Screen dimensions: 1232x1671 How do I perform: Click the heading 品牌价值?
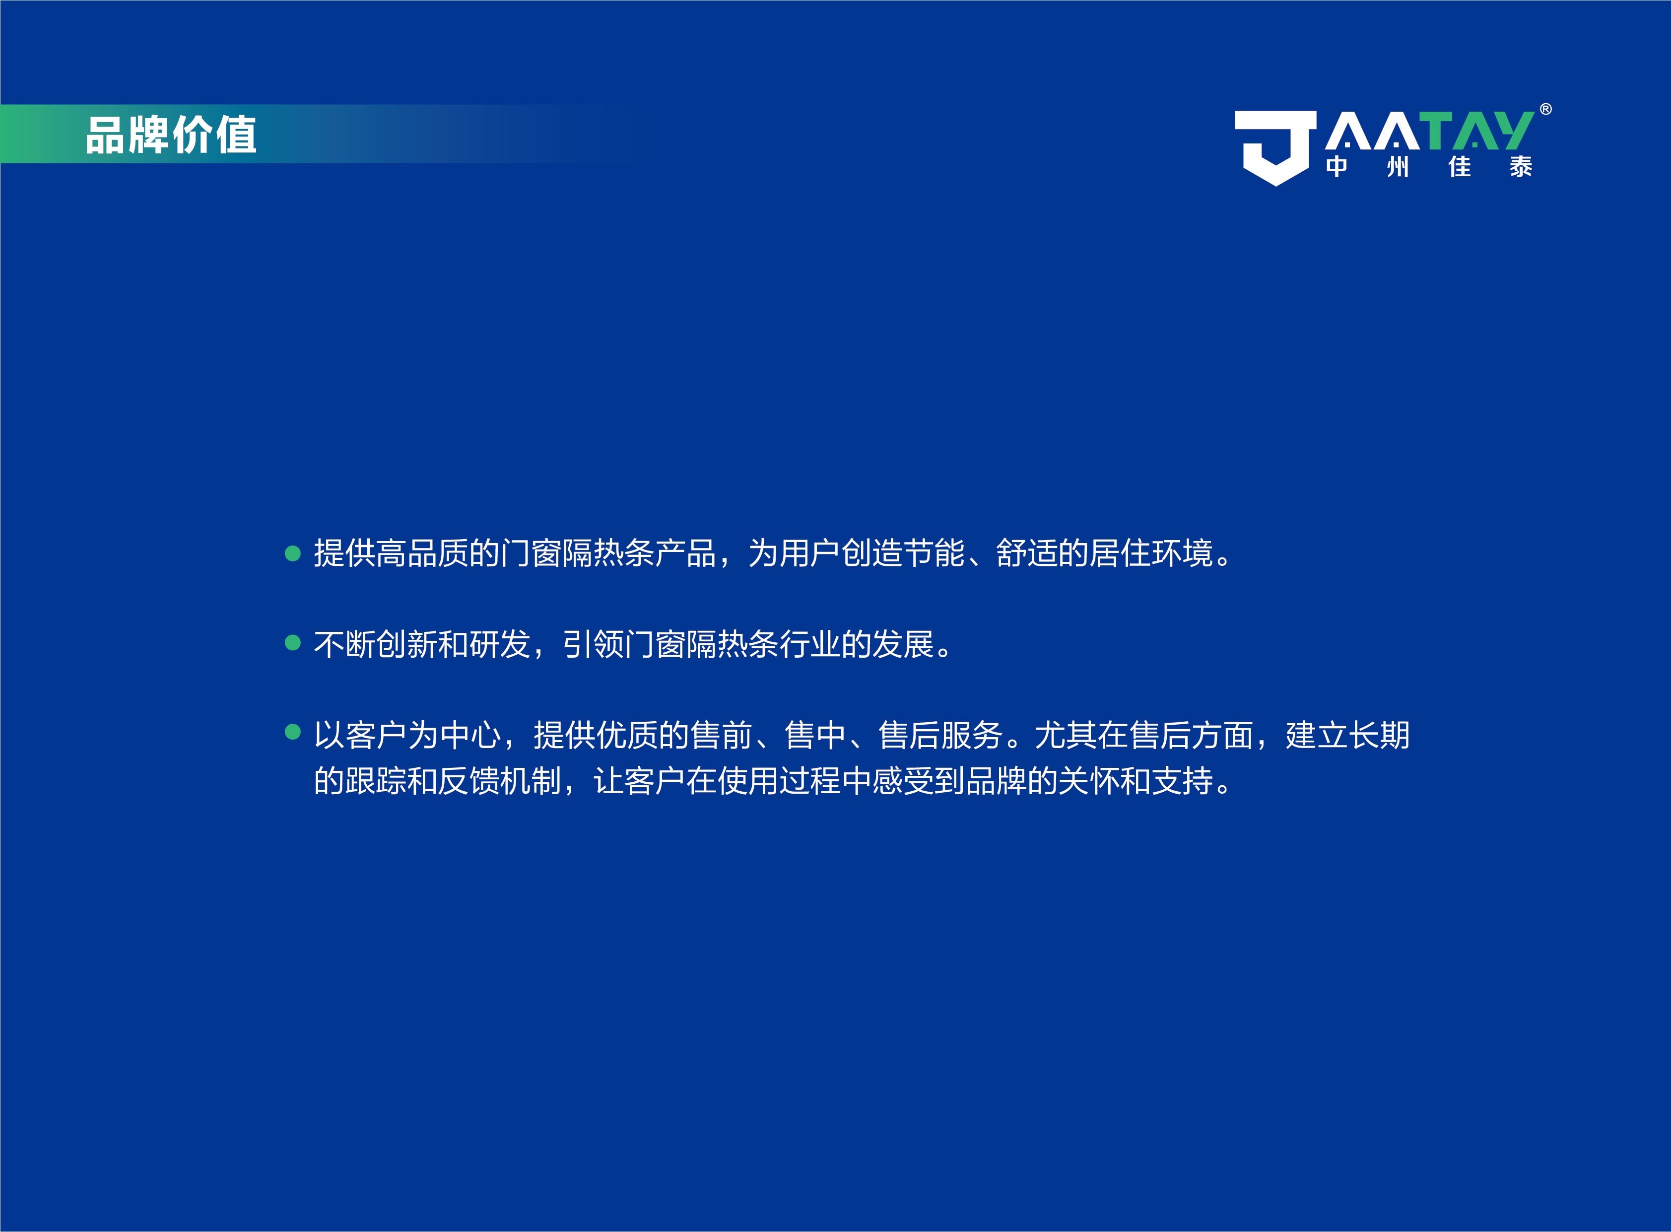(171, 135)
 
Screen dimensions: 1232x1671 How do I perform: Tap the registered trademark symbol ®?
(1546, 110)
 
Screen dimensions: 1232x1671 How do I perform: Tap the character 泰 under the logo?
(1521, 166)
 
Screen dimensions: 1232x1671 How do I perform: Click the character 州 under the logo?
(1398, 166)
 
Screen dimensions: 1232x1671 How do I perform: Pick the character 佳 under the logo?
(1459, 166)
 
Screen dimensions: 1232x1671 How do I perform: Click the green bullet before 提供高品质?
(293, 553)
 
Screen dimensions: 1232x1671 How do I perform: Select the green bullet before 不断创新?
(293, 643)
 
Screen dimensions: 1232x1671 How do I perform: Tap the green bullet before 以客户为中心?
(293, 732)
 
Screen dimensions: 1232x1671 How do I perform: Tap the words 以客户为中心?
(407, 735)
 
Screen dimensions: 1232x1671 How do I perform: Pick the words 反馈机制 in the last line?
(499, 781)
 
